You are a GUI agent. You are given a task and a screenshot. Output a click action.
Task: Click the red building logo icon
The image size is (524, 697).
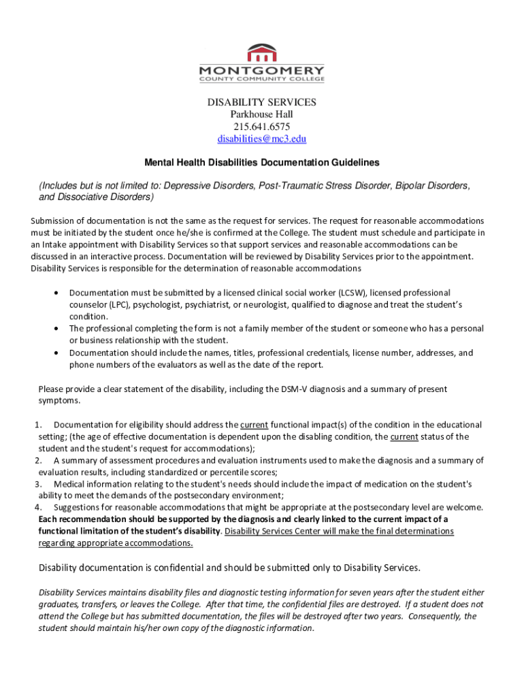pyautogui.click(x=262, y=52)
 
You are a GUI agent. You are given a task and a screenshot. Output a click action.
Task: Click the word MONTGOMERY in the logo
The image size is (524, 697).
pyautogui.click(x=262, y=70)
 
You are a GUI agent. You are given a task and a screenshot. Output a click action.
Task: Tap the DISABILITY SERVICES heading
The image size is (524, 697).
pyautogui.click(x=262, y=102)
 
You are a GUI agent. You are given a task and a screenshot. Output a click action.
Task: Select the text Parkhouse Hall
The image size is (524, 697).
pyautogui.click(x=262, y=114)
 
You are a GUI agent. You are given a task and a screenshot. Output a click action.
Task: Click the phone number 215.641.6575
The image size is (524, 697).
pyautogui.click(x=262, y=127)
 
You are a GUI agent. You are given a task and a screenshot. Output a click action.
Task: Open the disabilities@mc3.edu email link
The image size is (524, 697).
pyautogui.click(x=262, y=139)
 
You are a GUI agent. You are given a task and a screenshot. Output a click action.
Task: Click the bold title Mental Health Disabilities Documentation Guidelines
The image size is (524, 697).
pyautogui.click(x=262, y=163)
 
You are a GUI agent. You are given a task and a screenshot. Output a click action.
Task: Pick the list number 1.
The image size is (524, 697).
pyautogui.click(x=37, y=425)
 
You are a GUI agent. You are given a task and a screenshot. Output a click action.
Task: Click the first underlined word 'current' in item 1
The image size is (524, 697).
pyautogui.click(x=254, y=425)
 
